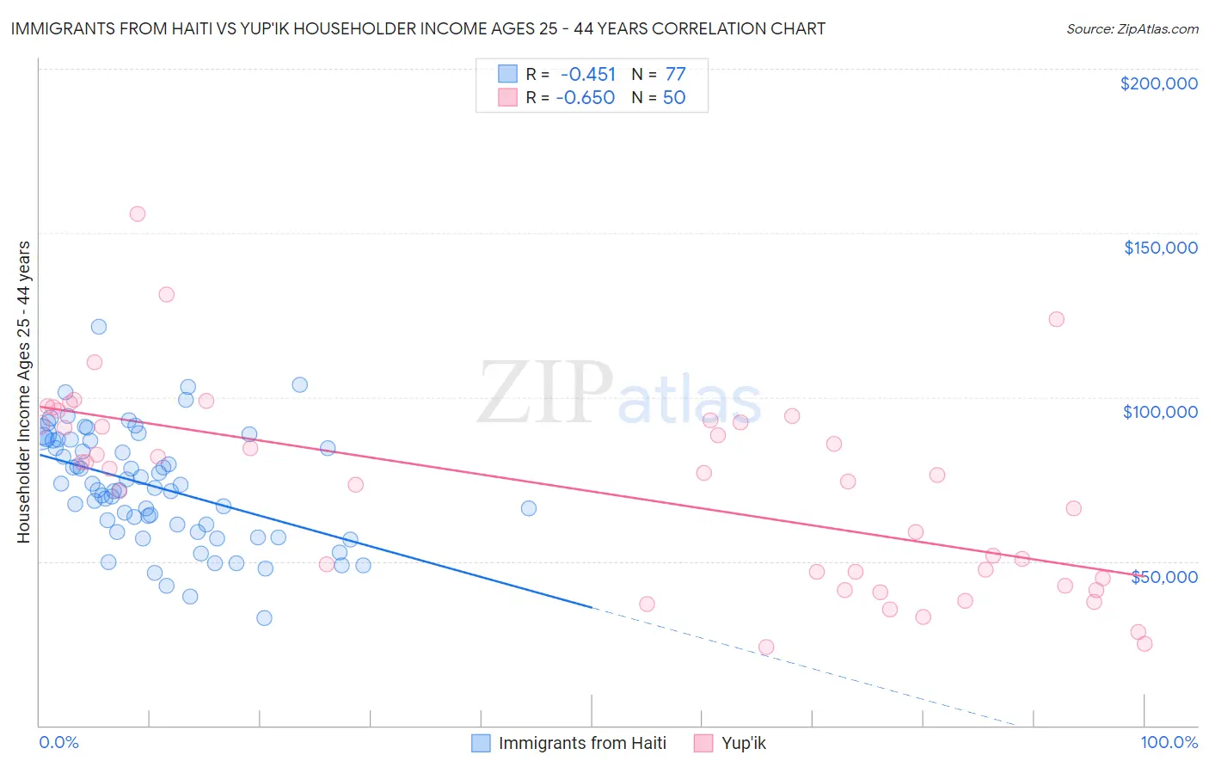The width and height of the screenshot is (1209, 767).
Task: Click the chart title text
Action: (x=418, y=29)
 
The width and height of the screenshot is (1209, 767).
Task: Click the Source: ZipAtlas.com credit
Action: (x=1132, y=29)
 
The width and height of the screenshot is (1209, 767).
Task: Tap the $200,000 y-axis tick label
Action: (x=1158, y=83)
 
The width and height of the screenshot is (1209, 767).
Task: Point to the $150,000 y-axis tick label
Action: (x=1160, y=248)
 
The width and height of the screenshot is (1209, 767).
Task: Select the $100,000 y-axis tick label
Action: (x=1160, y=412)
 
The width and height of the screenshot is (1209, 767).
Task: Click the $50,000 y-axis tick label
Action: (x=1163, y=576)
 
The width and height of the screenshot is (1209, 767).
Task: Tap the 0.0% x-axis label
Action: (x=58, y=742)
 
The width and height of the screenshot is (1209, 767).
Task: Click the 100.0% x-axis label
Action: (x=1169, y=742)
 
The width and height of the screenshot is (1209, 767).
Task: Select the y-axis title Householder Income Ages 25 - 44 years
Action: (x=24, y=392)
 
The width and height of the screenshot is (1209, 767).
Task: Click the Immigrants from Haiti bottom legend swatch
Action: (x=482, y=743)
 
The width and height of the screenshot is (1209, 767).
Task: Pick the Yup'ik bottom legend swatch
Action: (x=703, y=743)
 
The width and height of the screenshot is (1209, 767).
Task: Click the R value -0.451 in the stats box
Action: (x=588, y=74)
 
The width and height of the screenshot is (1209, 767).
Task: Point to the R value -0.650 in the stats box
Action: (x=586, y=97)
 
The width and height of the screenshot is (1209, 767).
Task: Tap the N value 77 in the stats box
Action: (x=675, y=74)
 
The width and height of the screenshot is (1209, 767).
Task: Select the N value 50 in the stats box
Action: (x=674, y=97)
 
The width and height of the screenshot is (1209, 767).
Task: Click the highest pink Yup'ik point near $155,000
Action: (x=138, y=214)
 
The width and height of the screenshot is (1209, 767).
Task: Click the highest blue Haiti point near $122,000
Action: (x=99, y=327)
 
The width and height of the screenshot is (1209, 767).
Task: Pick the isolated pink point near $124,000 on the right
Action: (x=1057, y=319)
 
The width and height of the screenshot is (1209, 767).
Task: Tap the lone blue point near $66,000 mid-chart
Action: (x=529, y=508)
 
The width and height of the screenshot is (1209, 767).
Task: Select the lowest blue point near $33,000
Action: (x=265, y=618)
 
